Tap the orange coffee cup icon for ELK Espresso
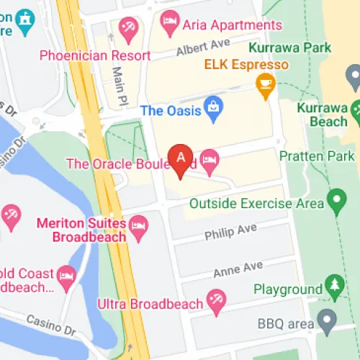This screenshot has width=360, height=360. point(266,85)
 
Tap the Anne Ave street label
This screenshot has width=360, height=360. point(238,269)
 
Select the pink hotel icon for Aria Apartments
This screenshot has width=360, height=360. point(170,24)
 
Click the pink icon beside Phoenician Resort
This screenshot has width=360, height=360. point(130,30)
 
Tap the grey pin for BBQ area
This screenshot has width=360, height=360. point(328,318)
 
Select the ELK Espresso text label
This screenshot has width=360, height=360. point(246,65)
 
